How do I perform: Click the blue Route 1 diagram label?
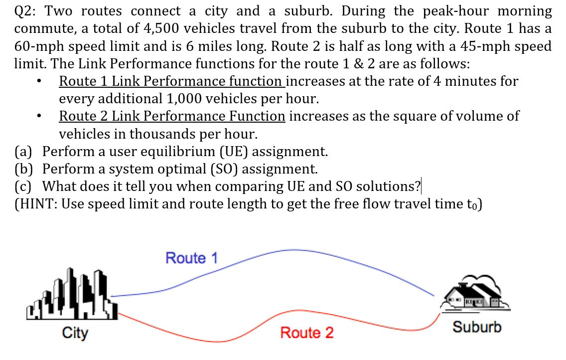[x=192, y=258]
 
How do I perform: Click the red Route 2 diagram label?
[x=306, y=333]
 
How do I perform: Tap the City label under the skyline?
[x=75, y=333]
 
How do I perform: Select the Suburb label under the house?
[x=477, y=328]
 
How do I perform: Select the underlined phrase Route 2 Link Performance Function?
[x=172, y=116]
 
